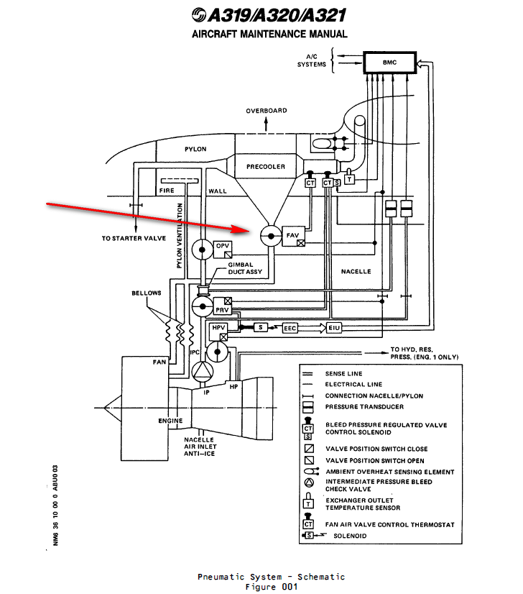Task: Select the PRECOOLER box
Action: pyautogui.click(x=266, y=166)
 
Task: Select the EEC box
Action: pyautogui.click(x=290, y=328)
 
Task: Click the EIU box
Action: pyautogui.click(x=333, y=328)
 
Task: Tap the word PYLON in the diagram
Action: pyautogui.click(x=195, y=150)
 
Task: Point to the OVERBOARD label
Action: pyautogui.click(x=267, y=111)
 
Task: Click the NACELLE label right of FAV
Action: pyautogui.click(x=356, y=271)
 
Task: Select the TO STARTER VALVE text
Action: pyautogui.click(x=134, y=238)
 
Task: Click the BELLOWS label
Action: pyautogui.click(x=147, y=293)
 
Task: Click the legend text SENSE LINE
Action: pyautogui.click(x=344, y=373)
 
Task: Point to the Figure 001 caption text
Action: pyautogui.click(x=271, y=586)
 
